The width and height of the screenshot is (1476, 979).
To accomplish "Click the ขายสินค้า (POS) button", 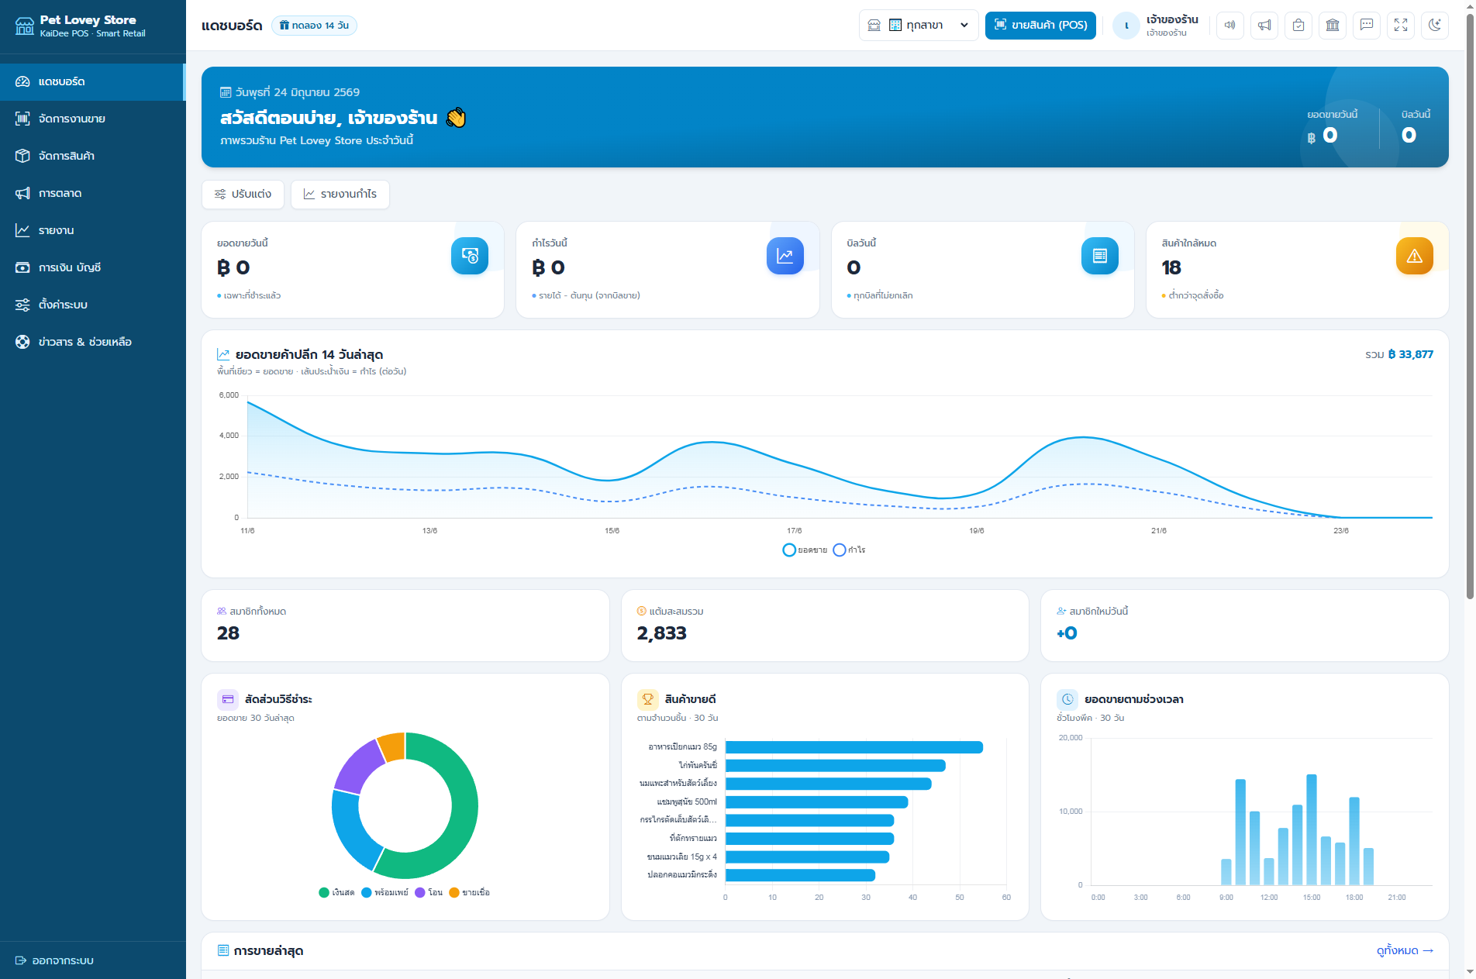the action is click(1040, 25).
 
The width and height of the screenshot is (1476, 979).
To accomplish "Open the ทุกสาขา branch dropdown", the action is click(919, 25).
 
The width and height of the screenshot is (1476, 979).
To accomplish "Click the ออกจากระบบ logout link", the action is click(54, 960).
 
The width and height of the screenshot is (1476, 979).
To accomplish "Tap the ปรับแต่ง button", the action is click(243, 194).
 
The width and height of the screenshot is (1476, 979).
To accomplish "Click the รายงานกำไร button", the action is click(340, 194).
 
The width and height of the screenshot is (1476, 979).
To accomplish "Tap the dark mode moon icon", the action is click(1435, 25).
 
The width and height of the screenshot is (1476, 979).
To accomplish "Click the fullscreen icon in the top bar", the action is click(1401, 25).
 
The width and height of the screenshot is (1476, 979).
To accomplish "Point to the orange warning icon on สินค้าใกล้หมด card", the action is click(1415, 256).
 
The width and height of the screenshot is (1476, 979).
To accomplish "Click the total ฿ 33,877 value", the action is click(1410, 354).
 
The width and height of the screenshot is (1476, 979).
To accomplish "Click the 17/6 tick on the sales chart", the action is click(795, 531).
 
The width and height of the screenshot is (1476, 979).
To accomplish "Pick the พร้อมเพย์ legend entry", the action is click(385, 892).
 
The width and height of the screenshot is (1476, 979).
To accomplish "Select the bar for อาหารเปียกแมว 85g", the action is click(854, 747).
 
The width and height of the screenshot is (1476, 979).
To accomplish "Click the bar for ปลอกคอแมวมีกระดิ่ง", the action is click(800, 875).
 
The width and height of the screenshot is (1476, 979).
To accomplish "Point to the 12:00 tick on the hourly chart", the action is click(1269, 898).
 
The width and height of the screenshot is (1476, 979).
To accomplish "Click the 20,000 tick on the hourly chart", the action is click(1071, 738).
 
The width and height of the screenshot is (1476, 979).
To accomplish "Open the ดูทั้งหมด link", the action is click(1405, 950).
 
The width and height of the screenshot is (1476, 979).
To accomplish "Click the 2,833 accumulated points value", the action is click(662, 633).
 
